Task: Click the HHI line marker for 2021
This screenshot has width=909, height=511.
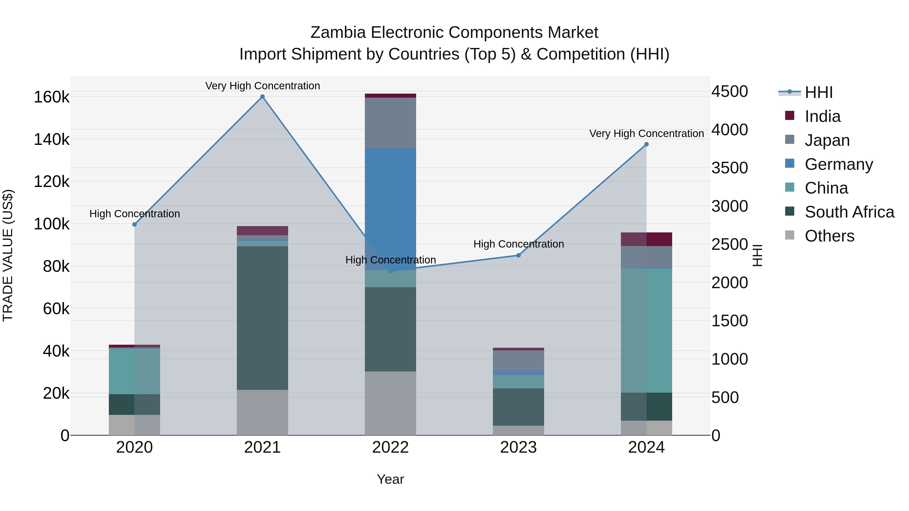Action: pos(262,97)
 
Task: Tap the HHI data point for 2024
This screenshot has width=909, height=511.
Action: pos(646,144)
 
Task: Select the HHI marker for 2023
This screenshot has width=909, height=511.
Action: pos(518,255)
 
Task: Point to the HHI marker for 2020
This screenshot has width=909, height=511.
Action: pos(134,225)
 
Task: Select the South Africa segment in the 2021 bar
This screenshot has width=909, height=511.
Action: pos(262,317)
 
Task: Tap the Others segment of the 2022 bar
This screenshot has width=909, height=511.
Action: pos(390,403)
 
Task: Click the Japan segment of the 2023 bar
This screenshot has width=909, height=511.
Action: pos(518,360)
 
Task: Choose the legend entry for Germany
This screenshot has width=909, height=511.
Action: pos(838,164)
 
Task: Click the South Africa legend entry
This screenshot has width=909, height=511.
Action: pos(849,212)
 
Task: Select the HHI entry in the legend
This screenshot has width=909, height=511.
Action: pos(819,92)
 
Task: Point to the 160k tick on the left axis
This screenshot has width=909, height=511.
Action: pos(52,97)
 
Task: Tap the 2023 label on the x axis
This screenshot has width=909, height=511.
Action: pos(518,447)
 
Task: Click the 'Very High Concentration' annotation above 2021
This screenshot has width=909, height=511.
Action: pos(263,86)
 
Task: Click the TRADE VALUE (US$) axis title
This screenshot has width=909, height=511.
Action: pos(8,255)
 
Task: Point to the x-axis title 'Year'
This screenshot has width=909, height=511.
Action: pos(390,479)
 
